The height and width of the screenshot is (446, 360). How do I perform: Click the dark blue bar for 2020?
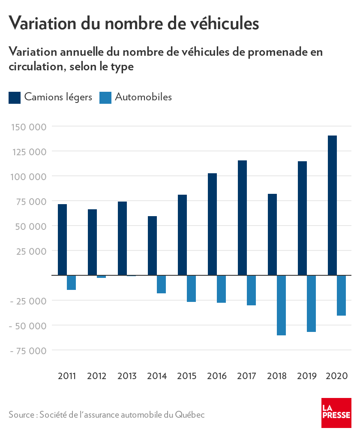tap(332, 205)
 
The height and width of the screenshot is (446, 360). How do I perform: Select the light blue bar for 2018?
tap(281, 305)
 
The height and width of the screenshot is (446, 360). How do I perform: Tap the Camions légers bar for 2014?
tap(152, 245)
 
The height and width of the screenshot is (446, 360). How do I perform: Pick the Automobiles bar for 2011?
tap(71, 283)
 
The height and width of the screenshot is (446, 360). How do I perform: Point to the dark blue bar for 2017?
tap(242, 218)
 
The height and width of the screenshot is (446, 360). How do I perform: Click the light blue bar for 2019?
tap(311, 304)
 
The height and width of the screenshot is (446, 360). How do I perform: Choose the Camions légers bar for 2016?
tap(212, 224)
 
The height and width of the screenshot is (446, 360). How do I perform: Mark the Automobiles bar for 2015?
tap(191, 289)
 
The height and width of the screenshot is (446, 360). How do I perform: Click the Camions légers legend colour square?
tap(15, 97)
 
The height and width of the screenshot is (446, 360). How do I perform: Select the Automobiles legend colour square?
tap(105, 97)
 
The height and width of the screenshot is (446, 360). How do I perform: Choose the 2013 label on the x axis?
tap(127, 376)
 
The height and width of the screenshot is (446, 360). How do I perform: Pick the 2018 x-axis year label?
tap(277, 376)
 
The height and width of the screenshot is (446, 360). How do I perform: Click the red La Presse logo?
tap(336, 413)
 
